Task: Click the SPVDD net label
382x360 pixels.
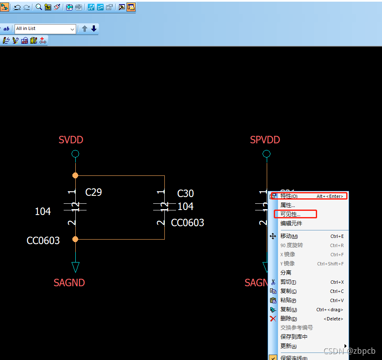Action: click(265, 140)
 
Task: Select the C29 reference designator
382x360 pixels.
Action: click(94, 192)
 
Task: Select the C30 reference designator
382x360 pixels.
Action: click(186, 194)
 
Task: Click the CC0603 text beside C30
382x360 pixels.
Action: click(188, 223)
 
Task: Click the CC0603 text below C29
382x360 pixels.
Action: click(43, 241)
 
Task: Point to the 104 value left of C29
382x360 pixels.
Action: click(43, 212)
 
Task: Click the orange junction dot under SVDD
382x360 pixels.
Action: click(75, 175)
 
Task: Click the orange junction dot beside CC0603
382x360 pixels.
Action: click(75, 239)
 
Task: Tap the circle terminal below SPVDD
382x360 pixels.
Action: click(267, 154)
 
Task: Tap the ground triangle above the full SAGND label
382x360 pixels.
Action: click(75, 267)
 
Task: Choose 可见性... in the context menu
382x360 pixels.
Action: click(290, 214)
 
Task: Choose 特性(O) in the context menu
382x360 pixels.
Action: click(289, 196)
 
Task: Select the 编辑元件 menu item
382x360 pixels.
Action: click(291, 223)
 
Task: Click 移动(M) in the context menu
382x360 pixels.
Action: click(289, 236)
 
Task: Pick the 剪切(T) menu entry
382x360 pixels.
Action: click(288, 282)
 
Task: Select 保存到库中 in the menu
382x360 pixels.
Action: click(294, 337)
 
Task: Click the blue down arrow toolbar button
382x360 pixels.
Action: click(94, 29)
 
